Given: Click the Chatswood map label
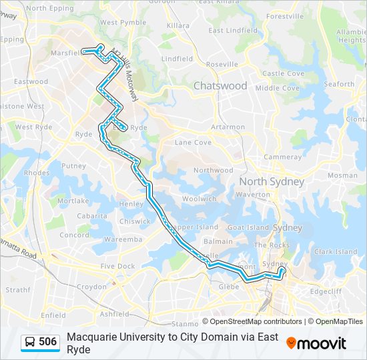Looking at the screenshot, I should click(x=220, y=86).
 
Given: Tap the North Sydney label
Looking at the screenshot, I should click(x=272, y=182).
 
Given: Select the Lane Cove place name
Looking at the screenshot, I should click(x=193, y=143).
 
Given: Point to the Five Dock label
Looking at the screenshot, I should click(x=117, y=266).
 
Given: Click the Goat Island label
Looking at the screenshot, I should click(x=248, y=227).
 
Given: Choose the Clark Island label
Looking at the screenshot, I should click(x=336, y=251).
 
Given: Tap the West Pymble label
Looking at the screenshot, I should click(x=123, y=22).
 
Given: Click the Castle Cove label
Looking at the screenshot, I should click(x=283, y=73).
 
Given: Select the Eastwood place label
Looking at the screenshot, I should click(x=31, y=82).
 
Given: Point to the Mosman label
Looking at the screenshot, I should click(x=342, y=175).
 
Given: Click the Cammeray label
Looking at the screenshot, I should click(x=282, y=157).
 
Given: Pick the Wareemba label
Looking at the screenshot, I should click(x=123, y=239).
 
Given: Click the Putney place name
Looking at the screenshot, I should click(x=73, y=166).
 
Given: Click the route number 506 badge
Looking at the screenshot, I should click(x=47, y=342).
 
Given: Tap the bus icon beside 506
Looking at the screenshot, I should click(x=31, y=343).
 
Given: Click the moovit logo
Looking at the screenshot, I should click(x=316, y=343).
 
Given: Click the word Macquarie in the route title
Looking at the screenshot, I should click(x=94, y=337).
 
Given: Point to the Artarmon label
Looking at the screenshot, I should click(x=227, y=127).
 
